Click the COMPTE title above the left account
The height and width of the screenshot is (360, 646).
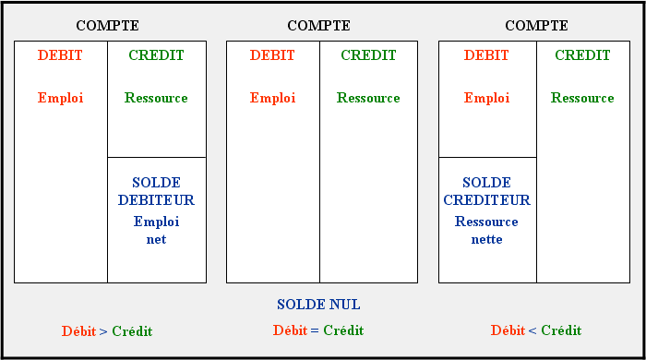tap(108, 26)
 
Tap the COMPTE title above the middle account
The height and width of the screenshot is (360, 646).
tap(319, 26)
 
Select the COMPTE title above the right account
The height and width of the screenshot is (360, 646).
tap(536, 26)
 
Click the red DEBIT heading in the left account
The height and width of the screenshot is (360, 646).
tap(60, 55)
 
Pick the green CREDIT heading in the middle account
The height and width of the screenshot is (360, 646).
tap(368, 55)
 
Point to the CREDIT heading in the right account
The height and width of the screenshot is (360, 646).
tap(582, 55)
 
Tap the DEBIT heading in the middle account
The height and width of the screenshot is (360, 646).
tap(272, 55)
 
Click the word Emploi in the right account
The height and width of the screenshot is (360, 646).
tap(487, 98)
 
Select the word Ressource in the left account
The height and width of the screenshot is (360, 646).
tap(156, 98)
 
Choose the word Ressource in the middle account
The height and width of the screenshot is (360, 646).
tap(368, 98)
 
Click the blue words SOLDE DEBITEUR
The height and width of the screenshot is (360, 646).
tap(156, 191)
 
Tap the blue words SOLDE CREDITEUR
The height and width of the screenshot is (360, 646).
tap(487, 191)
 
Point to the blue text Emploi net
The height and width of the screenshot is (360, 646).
tap(156, 230)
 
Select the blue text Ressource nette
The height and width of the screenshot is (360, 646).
tap(486, 230)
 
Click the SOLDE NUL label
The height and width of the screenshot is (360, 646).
tap(318, 305)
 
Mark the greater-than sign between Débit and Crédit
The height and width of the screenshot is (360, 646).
tap(103, 331)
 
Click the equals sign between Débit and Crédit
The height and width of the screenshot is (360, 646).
tap(315, 330)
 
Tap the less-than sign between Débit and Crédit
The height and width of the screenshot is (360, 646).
tap(532, 330)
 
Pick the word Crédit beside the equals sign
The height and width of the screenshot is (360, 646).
tap(343, 330)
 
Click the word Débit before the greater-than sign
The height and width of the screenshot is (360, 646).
tap(78, 331)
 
